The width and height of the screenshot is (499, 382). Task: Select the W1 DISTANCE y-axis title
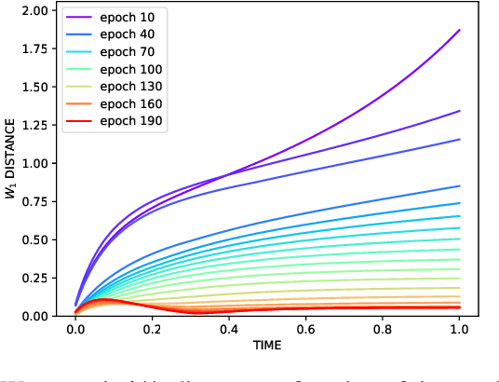point(11,163)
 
